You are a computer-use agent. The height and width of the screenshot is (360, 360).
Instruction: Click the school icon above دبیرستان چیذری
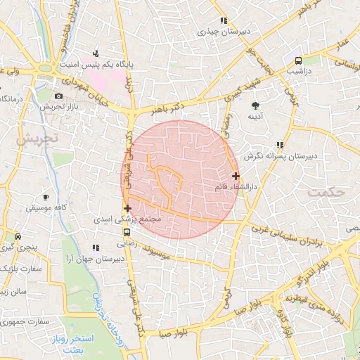click(x=224, y=21)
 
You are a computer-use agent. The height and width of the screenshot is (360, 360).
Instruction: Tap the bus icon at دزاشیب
click(x=298, y=61)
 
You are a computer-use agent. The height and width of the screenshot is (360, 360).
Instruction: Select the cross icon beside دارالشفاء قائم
click(x=235, y=176)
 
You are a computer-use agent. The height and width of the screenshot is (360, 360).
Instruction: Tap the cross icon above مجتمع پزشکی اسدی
click(x=127, y=208)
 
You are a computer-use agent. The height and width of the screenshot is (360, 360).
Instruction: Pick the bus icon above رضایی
click(x=127, y=232)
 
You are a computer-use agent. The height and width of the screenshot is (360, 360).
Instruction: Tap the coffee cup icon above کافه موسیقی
click(x=46, y=198)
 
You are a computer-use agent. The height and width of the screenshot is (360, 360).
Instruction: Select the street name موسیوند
click(x=167, y=250)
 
